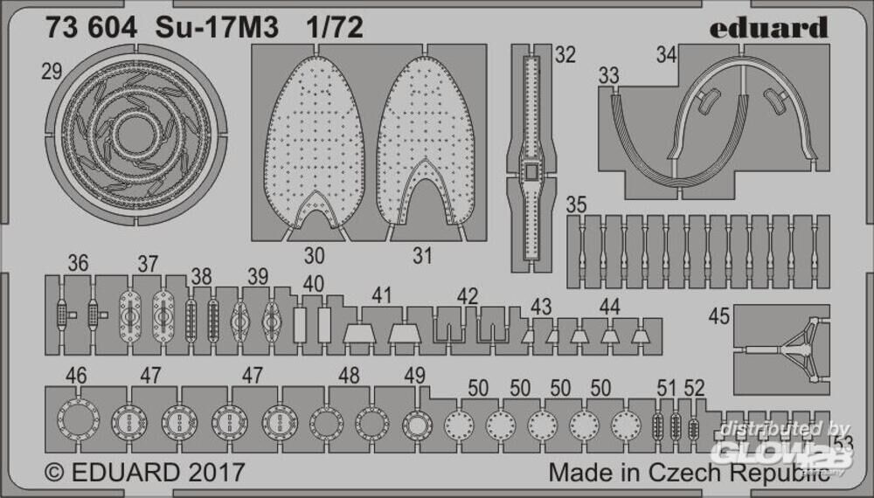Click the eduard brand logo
click(768, 28)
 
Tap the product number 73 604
click(91, 27)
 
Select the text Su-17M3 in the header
click(217, 27)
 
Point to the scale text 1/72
click(335, 27)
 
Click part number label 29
click(52, 72)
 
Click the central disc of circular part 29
click(135, 135)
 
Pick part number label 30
click(315, 256)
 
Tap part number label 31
click(422, 256)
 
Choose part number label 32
click(565, 54)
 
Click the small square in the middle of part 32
click(531, 171)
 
